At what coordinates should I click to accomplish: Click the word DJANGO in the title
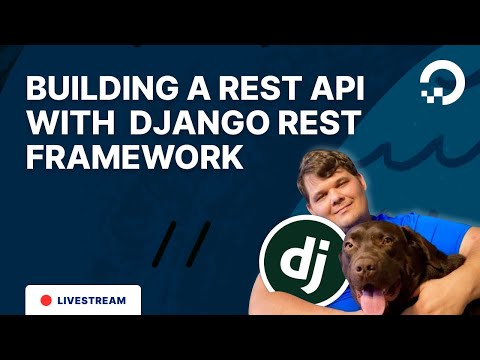[180, 124]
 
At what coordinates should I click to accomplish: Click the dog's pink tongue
[373, 301]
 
